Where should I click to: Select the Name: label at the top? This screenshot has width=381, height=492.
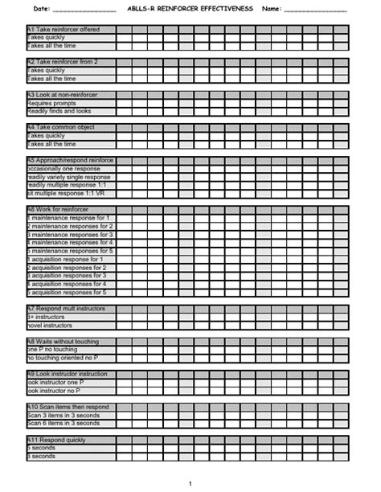[271, 8]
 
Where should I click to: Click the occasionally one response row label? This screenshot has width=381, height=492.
[64, 169]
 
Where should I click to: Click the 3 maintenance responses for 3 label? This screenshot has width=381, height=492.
[70, 235]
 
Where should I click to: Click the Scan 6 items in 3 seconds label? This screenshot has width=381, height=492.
[63, 423]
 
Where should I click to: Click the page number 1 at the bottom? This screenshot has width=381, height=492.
[190, 482]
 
